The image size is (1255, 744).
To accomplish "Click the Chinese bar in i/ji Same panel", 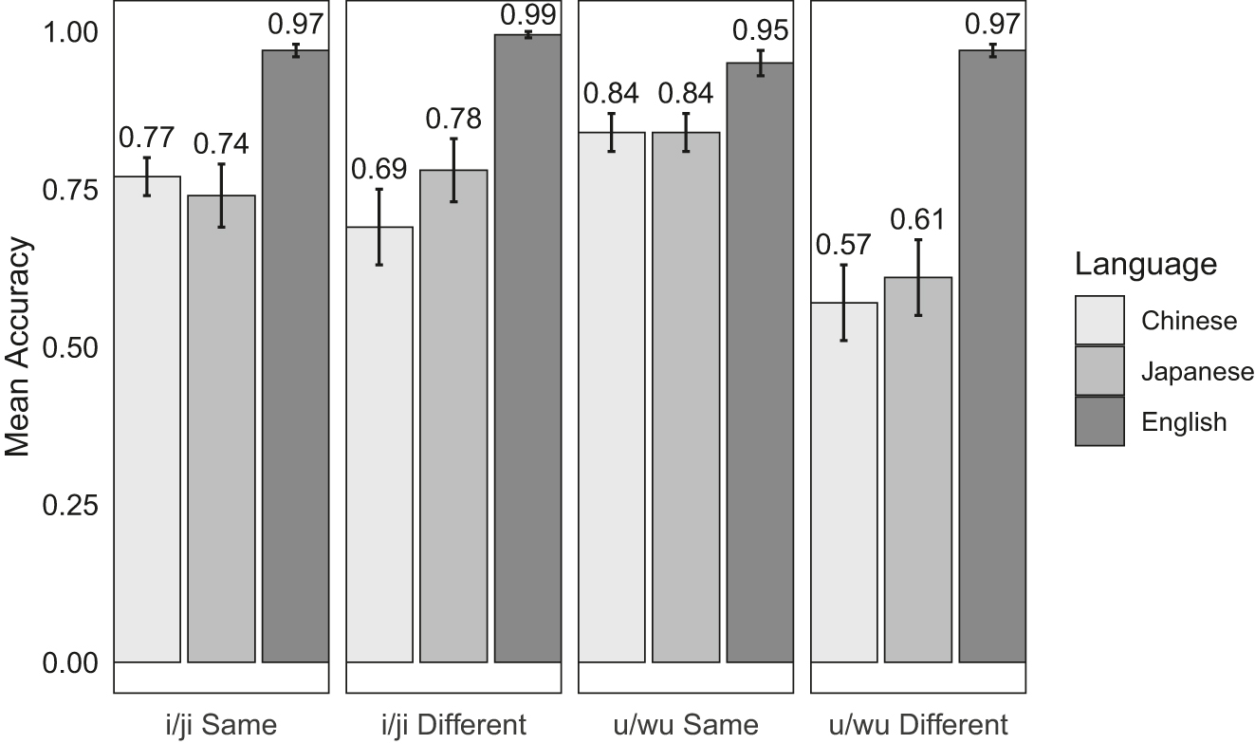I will [147, 418].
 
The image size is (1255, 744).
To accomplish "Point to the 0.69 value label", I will [379, 170].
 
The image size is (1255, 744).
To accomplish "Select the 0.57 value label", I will [843, 246].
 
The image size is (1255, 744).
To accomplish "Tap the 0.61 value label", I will [917, 220].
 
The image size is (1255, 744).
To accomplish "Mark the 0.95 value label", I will [760, 31].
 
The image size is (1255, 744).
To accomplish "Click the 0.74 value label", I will [221, 144].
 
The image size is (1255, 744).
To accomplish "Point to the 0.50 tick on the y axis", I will [71, 347].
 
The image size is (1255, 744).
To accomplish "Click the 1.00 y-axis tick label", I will [71, 32].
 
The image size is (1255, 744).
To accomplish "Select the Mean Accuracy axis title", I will [20, 346].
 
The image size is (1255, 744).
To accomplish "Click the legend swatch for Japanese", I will [1099, 371].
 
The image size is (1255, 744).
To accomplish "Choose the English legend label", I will [1184, 422].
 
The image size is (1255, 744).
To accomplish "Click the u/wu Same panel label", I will [685, 725].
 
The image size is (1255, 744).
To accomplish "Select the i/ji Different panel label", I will [452, 725].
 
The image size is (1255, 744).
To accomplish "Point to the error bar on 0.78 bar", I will [453, 170].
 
